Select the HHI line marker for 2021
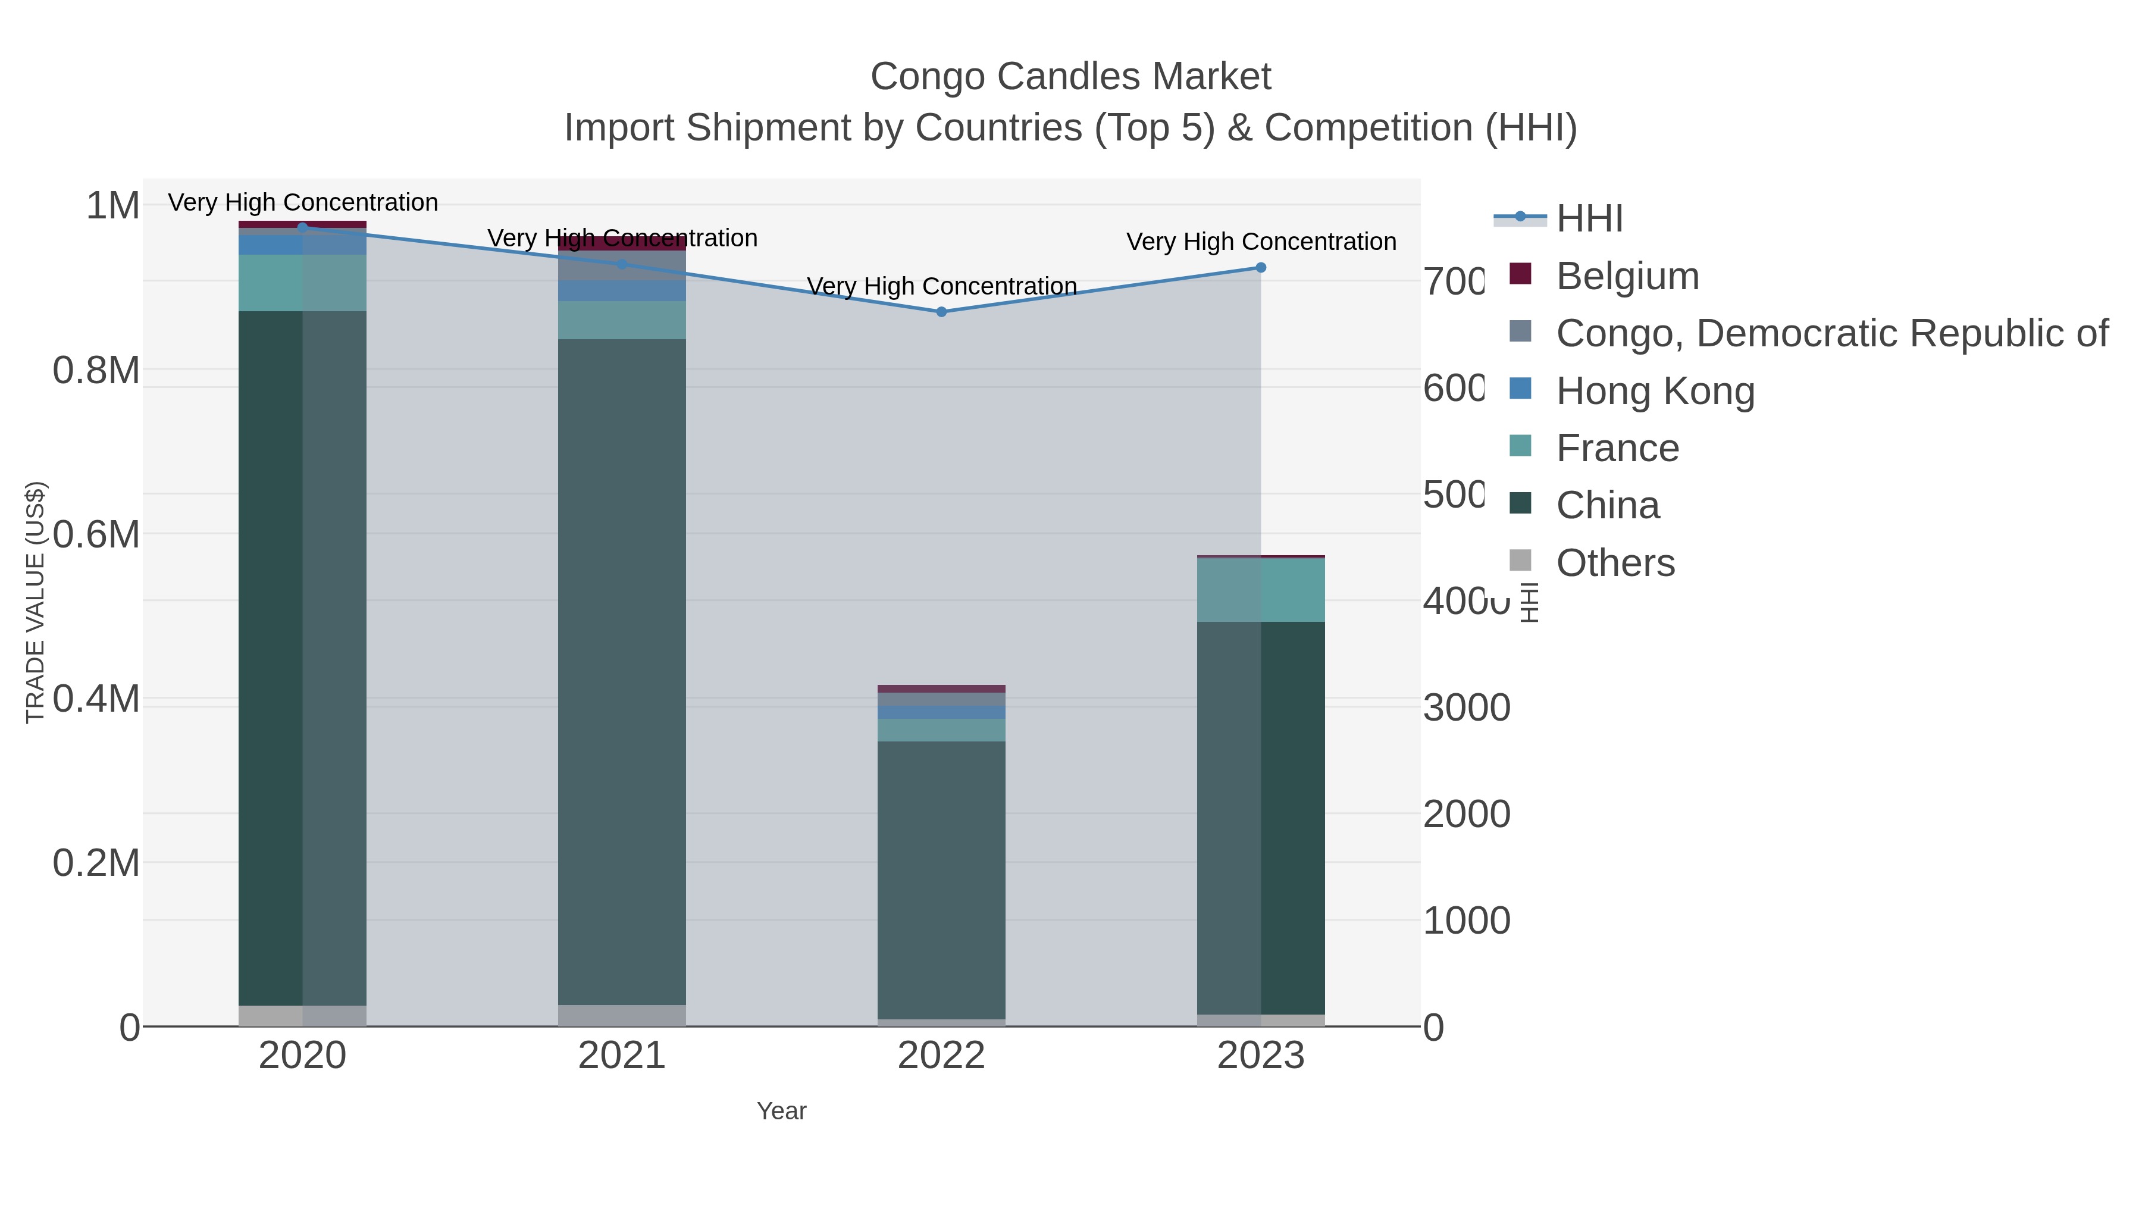tap(622, 264)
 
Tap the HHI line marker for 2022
tap(941, 312)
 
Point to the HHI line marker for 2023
tap(1261, 268)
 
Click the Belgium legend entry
tap(1627, 276)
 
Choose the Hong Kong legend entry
tap(1655, 391)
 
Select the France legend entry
tap(1617, 448)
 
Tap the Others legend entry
tap(1615, 563)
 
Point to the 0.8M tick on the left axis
tap(96, 370)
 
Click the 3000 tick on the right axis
tap(1467, 708)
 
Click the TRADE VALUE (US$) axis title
tap(36, 602)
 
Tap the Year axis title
tap(782, 1111)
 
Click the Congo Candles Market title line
tap(1070, 77)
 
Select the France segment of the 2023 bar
tap(1261, 590)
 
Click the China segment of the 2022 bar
tap(941, 880)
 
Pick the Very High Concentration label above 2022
tap(941, 286)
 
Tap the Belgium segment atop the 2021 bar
tap(622, 243)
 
